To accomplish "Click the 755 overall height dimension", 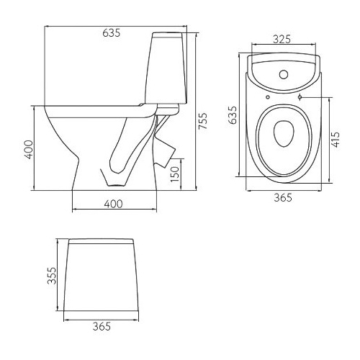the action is (x=203, y=121).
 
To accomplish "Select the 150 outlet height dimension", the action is (x=175, y=174).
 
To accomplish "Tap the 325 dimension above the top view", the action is (x=282, y=40).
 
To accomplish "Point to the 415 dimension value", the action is (x=336, y=140).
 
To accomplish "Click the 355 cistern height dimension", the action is (x=52, y=276).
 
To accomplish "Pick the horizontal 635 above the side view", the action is (x=112, y=33).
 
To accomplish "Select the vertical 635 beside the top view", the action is (x=233, y=115).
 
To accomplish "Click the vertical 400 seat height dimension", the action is (x=29, y=150).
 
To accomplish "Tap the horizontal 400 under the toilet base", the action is (x=113, y=204).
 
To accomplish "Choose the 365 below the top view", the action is (x=283, y=197).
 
